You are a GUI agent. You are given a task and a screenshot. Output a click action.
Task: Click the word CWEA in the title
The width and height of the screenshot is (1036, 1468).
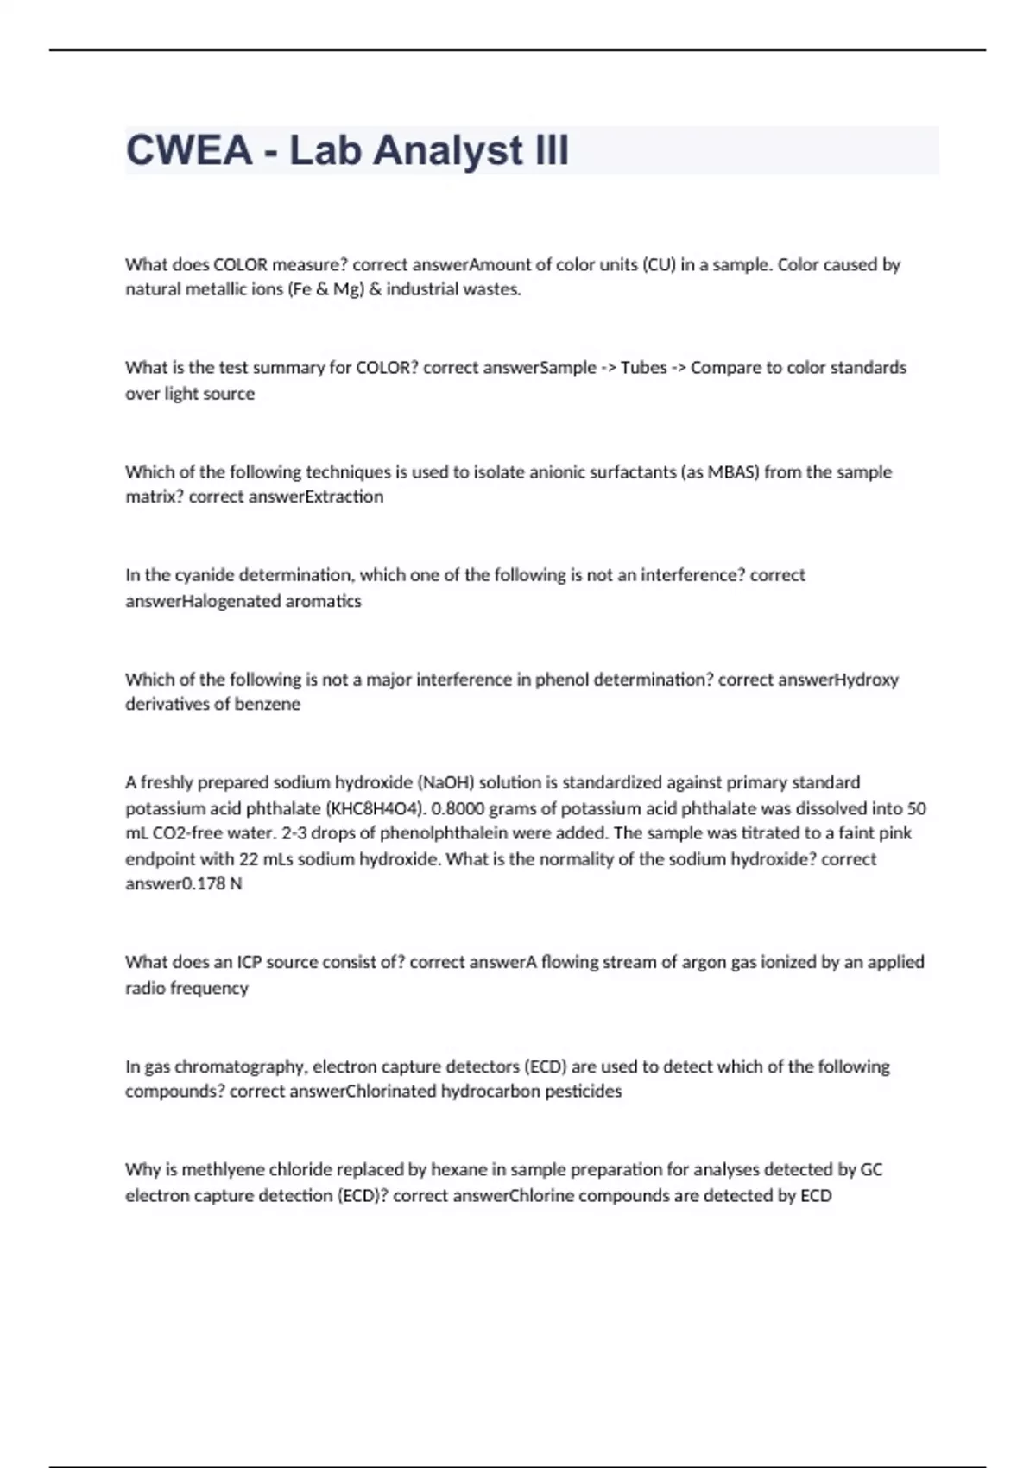(x=189, y=150)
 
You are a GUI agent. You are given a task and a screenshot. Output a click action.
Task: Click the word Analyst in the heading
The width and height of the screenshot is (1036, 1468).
(x=447, y=150)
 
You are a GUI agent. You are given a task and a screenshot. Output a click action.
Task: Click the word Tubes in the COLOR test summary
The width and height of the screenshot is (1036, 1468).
(x=643, y=368)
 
